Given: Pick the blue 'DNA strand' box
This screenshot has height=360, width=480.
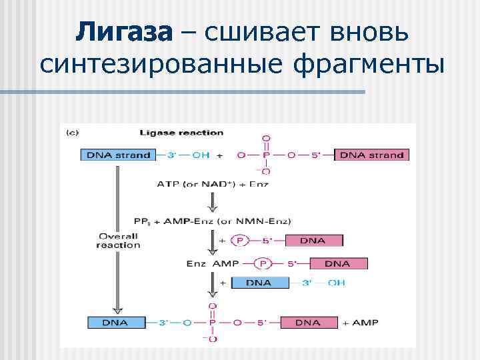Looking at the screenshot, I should [x=116, y=155].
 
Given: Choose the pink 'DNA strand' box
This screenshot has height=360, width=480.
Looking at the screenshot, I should [x=371, y=155].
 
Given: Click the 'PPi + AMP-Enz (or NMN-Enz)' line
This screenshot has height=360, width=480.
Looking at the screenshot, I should [x=212, y=221].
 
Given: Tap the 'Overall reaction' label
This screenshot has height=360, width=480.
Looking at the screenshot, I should [x=118, y=240].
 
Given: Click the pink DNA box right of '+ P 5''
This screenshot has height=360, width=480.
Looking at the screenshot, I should [x=314, y=241].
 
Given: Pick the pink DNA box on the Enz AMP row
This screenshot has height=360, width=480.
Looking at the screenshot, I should [x=337, y=263].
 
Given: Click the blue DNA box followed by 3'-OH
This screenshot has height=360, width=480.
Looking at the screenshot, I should [x=259, y=283].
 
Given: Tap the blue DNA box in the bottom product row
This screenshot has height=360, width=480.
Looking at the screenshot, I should [x=116, y=323].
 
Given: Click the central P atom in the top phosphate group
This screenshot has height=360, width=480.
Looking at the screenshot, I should [x=266, y=155].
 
